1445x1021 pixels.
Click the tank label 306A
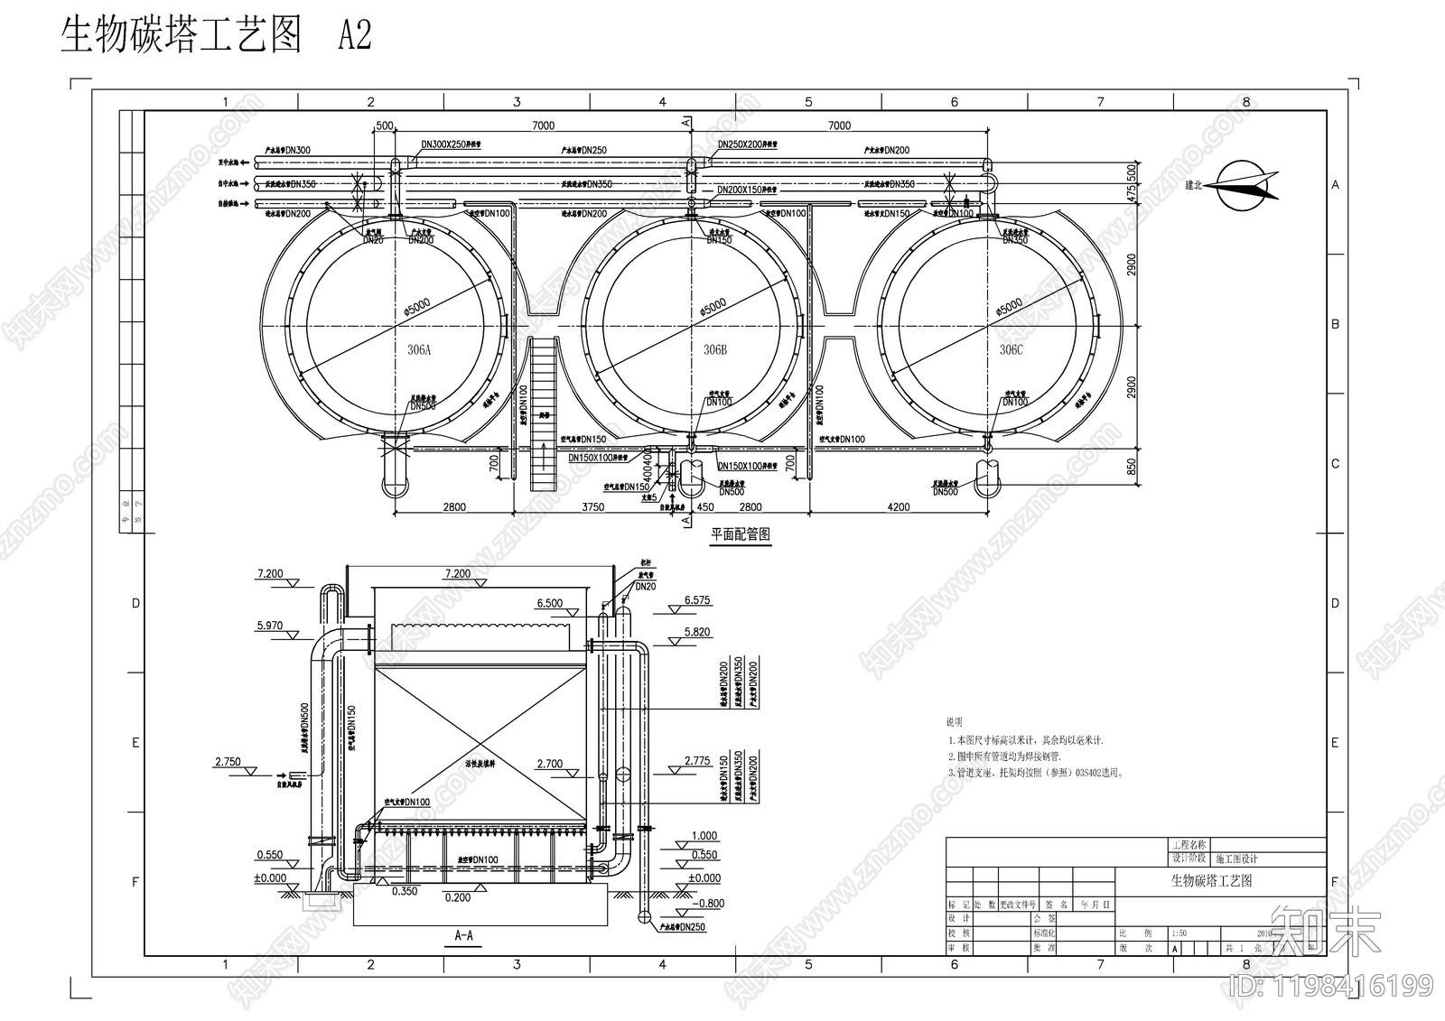[419, 350]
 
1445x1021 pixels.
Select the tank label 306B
[715, 350]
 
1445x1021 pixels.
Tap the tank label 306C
[1011, 350]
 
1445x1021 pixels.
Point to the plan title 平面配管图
[741, 534]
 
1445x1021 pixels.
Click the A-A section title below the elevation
[463, 936]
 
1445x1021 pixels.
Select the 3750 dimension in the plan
[592, 507]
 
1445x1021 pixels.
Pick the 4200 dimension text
[899, 507]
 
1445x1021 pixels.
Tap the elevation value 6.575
[697, 600]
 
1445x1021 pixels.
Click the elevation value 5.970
[270, 626]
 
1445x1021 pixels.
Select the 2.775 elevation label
[697, 761]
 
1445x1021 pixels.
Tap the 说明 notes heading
[955, 722]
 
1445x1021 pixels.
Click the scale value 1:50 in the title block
[1179, 933]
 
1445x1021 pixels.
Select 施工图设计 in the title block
[1236, 859]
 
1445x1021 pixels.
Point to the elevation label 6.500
[549, 604]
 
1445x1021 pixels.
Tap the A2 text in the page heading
[354, 36]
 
